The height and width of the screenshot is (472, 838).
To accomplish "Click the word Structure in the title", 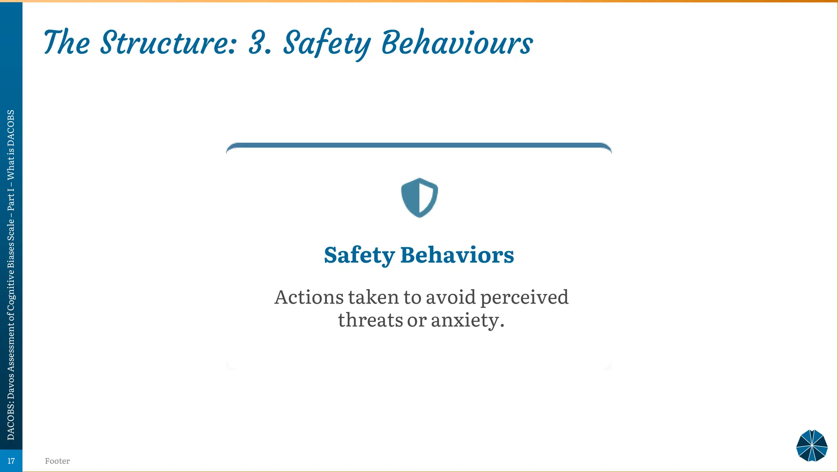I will [x=168, y=43].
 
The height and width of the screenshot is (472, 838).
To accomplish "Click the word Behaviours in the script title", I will [x=457, y=43].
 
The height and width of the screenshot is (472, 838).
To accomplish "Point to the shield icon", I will [x=419, y=197].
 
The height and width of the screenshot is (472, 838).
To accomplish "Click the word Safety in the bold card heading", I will [x=359, y=255].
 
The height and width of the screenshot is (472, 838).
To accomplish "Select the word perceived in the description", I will [x=524, y=297].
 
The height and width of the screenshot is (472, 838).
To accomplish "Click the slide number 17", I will [x=11, y=461].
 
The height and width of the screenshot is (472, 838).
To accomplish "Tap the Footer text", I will [x=57, y=461].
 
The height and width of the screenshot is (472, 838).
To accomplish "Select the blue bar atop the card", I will [x=419, y=145].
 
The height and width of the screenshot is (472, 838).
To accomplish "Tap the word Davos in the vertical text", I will [x=11, y=388].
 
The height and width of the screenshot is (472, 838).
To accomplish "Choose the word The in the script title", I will [x=66, y=43].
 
